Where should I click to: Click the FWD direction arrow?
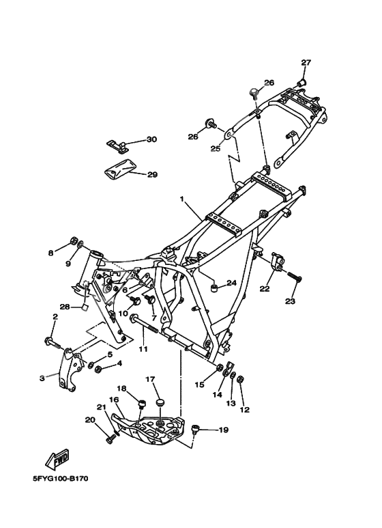pyautogui.click(x=57, y=459)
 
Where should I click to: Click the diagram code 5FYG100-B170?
pyautogui.click(x=61, y=479)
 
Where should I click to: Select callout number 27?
pyautogui.click(x=306, y=63)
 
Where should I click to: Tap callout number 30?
pyautogui.click(x=151, y=139)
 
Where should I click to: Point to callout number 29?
pyautogui.click(x=152, y=174)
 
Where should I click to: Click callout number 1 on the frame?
pyautogui.click(x=182, y=199)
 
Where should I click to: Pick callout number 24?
pyautogui.click(x=231, y=283)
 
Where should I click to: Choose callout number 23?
pyautogui.click(x=290, y=301)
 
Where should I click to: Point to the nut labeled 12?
pyautogui.click(x=240, y=379)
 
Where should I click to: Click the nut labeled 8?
pyautogui.click(x=73, y=241)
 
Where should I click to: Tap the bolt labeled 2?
pyautogui.click(x=53, y=343)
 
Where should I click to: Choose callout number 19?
pyautogui.click(x=224, y=430)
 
